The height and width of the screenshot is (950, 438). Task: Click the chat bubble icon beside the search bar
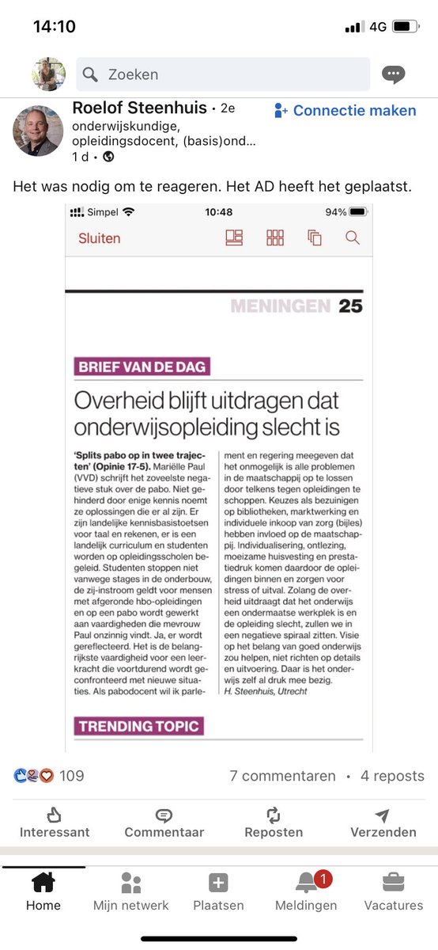[393, 74]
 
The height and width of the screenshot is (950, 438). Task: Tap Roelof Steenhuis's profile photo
[38, 131]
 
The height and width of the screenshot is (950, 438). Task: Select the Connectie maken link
[345, 111]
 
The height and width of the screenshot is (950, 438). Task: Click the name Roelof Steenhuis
[139, 108]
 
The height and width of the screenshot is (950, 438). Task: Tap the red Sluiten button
[99, 238]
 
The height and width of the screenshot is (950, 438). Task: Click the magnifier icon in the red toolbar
[353, 237]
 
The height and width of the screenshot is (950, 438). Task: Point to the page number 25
[350, 306]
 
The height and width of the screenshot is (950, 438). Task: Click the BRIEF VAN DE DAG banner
[142, 367]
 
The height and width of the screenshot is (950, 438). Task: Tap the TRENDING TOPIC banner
[138, 725]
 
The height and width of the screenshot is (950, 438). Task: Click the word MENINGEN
[281, 306]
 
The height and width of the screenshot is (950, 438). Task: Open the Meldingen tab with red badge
[306, 891]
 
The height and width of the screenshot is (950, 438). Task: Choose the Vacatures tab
[393, 891]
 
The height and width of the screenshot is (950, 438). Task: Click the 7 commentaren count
[282, 776]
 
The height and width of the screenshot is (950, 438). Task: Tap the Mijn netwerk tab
[130, 891]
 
